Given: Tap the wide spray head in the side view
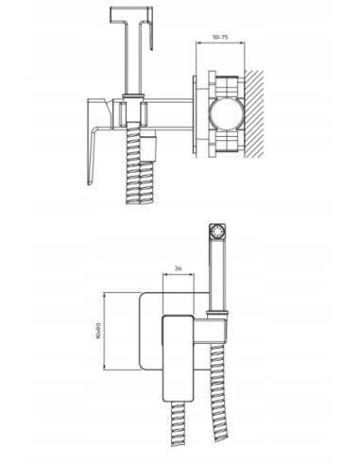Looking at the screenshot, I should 130,14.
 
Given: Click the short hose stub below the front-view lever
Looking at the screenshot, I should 179,437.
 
